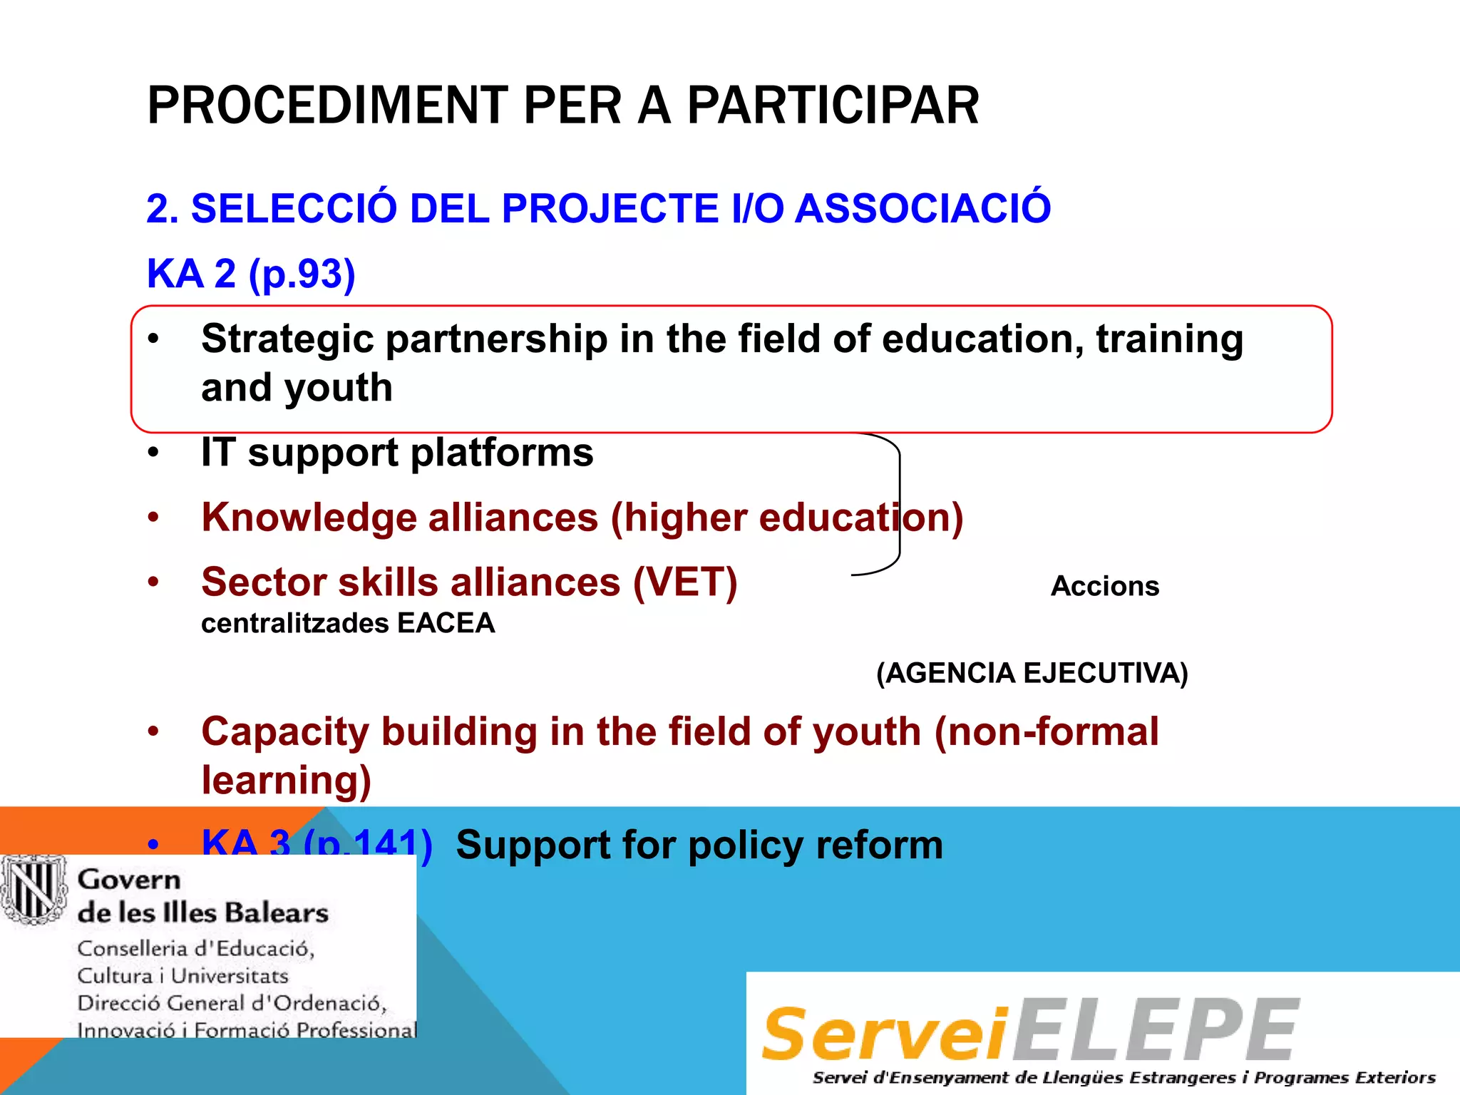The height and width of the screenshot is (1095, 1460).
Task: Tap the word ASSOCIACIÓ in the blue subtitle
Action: [x=922, y=208]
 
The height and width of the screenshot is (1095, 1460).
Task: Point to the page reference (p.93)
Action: [x=302, y=274]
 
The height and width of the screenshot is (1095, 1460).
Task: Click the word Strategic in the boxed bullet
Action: [x=287, y=339]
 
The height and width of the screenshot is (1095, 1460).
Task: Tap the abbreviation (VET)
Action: [x=685, y=582]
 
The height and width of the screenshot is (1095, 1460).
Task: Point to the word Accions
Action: [x=1104, y=586]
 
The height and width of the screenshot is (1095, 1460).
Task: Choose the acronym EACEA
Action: [x=446, y=624]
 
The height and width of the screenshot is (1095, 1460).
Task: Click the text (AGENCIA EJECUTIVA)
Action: [x=1032, y=673]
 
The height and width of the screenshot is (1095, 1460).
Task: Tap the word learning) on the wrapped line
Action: [x=286, y=780]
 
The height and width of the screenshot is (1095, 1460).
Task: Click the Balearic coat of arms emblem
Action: [x=34, y=890]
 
